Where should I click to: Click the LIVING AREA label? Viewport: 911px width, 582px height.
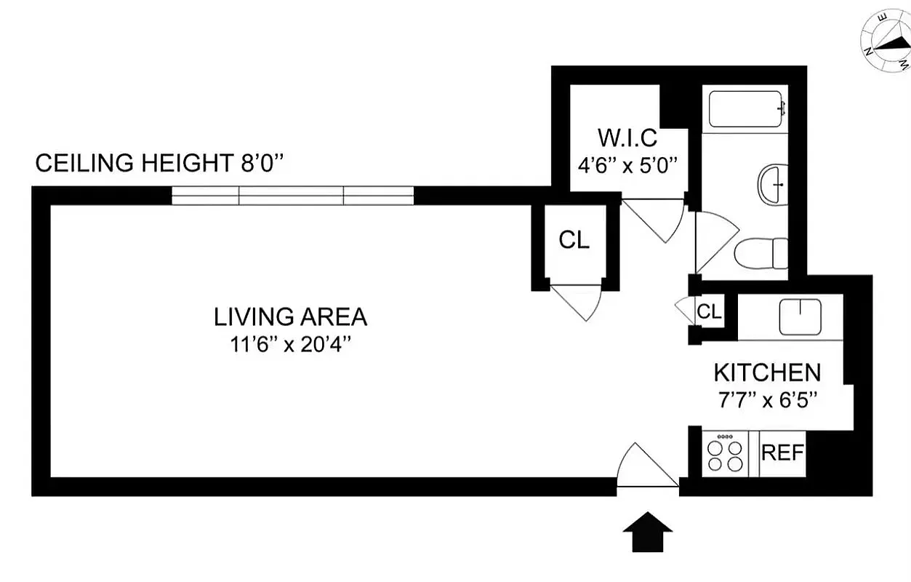[290, 317]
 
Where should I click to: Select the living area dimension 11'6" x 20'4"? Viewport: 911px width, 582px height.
[290, 344]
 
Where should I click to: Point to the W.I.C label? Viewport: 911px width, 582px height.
[627, 137]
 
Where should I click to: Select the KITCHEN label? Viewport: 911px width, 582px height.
[767, 372]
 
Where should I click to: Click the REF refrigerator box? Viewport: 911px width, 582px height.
[782, 453]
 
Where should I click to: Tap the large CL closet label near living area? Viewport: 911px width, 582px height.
[574, 240]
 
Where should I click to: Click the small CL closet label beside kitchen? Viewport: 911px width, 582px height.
[709, 312]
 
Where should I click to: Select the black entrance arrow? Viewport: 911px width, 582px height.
[648, 532]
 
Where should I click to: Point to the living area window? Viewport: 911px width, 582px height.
[292, 196]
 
